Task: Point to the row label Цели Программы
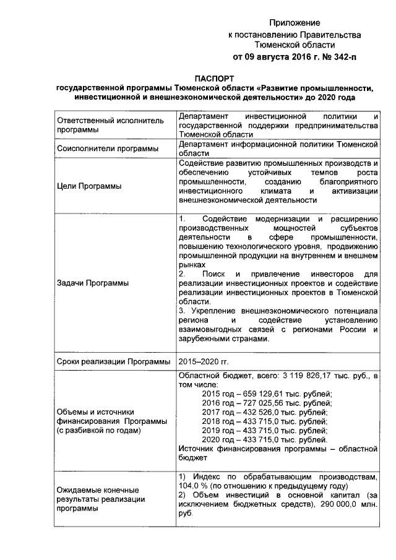88,186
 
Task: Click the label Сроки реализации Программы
113,362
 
